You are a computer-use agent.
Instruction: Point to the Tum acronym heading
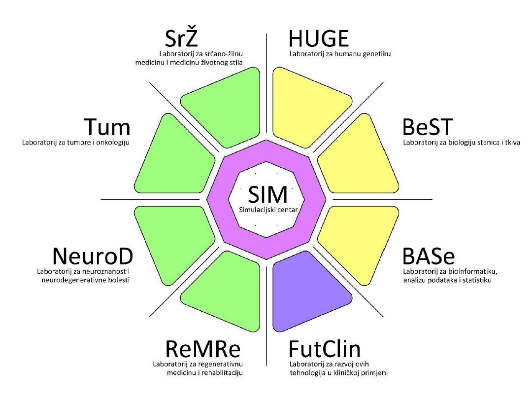(x=107, y=128)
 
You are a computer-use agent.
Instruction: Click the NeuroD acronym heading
(x=93, y=257)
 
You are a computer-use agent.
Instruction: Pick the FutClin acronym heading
(x=325, y=350)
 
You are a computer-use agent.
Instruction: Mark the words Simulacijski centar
(x=266, y=210)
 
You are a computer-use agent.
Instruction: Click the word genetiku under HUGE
(x=376, y=54)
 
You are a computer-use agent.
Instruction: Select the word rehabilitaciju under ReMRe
(x=222, y=372)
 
